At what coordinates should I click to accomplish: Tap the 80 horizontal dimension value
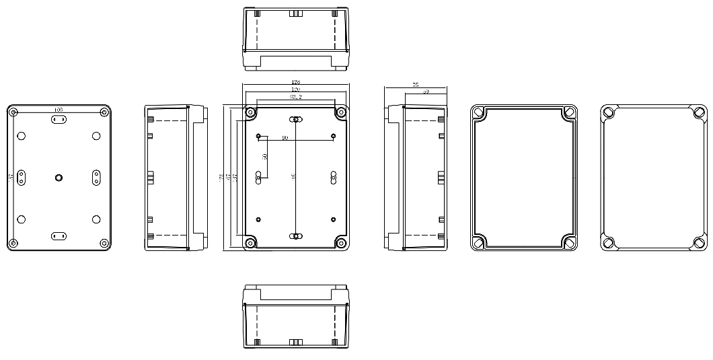coord(285,138)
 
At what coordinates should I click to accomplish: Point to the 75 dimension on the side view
coord(415,85)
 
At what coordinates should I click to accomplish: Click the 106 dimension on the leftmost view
coord(59,109)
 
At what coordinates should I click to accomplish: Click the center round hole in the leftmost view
coord(59,178)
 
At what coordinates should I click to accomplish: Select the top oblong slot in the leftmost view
coord(59,120)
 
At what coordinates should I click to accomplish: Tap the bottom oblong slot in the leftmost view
coord(59,236)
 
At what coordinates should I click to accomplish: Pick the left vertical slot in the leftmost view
coord(21,178)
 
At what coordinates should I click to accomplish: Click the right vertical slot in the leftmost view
coord(96,178)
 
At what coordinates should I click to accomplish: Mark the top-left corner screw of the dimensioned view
coord(250,112)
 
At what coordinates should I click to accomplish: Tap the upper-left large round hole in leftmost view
coord(22,137)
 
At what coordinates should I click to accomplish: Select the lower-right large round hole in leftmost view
coord(96,219)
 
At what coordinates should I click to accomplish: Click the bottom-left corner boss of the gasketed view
coord(479,243)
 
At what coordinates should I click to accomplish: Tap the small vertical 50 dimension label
coord(265,156)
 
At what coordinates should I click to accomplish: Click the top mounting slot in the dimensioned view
coord(295,120)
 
